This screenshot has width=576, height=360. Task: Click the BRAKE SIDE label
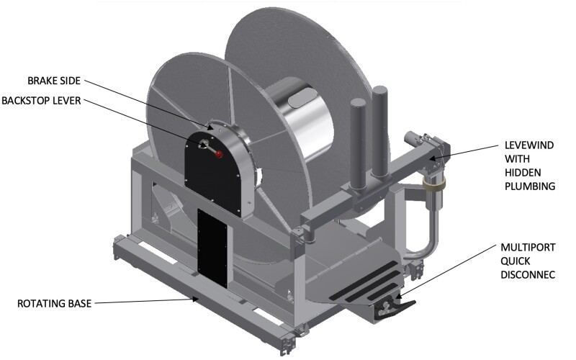tap(54, 81)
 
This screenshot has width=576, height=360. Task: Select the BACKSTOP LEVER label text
tap(41, 101)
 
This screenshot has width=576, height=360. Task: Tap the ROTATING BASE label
tap(55, 304)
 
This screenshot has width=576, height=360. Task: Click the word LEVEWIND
tap(529, 145)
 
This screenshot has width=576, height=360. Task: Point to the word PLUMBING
tap(530, 186)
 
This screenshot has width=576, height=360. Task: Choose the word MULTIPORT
tap(528, 247)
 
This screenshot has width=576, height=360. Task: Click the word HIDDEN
tap(523, 173)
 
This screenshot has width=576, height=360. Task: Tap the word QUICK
tap(516, 261)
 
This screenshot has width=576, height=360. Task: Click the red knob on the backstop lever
tap(219, 154)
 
